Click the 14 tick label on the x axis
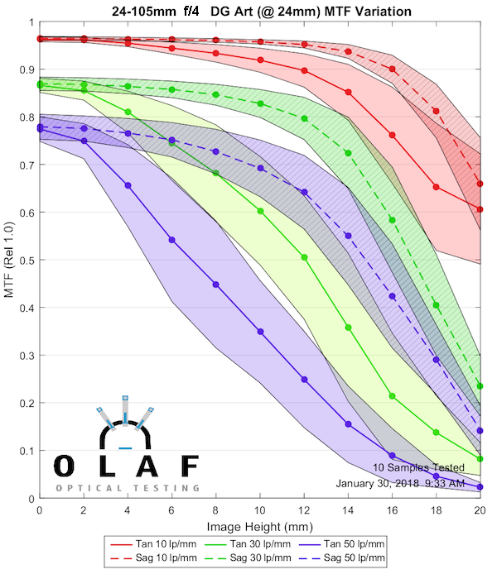(x=348, y=511)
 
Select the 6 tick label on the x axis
(x=171, y=511)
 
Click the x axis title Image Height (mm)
(x=259, y=525)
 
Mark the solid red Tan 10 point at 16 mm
(x=392, y=135)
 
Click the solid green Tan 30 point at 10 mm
(x=260, y=211)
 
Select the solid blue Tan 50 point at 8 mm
(x=216, y=285)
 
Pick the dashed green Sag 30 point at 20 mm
(x=480, y=386)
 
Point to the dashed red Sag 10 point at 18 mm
(x=437, y=111)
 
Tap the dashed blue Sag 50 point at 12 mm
(x=304, y=193)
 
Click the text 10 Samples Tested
(x=418, y=467)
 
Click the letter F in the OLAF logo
(x=189, y=466)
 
